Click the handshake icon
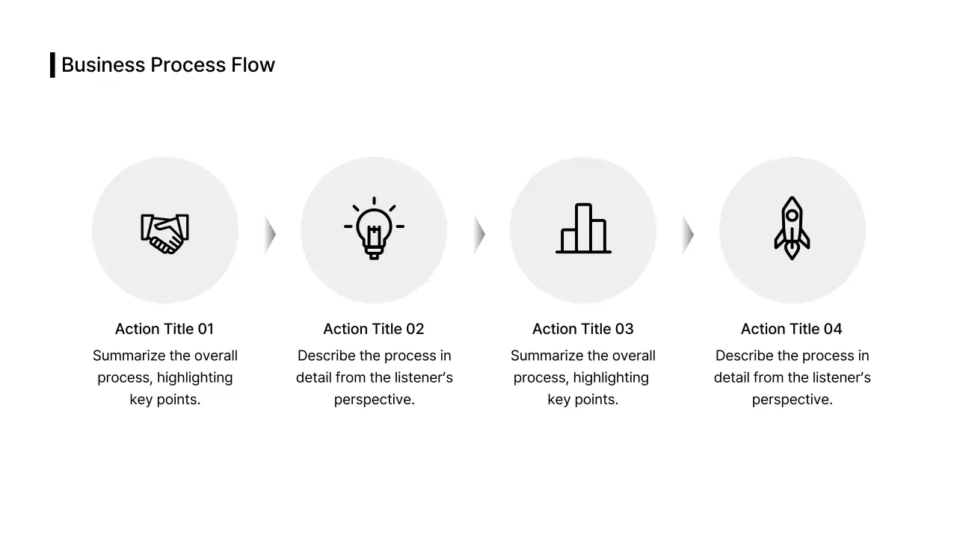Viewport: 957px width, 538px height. click(164, 233)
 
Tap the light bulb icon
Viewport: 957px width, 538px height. click(374, 229)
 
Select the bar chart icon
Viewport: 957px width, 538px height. click(583, 229)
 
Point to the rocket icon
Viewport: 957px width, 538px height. click(792, 229)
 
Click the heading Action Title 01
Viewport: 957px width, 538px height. click(164, 329)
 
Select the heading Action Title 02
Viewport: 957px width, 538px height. click(374, 329)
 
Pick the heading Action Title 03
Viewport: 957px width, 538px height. click(583, 329)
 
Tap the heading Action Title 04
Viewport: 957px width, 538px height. click(792, 329)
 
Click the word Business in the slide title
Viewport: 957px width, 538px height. click(103, 65)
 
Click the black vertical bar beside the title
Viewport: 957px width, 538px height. click(52, 65)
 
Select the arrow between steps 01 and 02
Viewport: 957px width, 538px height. click(270, 235)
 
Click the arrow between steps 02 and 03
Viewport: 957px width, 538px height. click(479, 235)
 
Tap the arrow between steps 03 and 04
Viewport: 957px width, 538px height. click(688, 235)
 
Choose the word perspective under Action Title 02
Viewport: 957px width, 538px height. click(374, 400)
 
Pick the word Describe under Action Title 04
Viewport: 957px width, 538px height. click(744, 356)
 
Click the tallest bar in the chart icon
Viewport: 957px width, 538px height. click(583, 227)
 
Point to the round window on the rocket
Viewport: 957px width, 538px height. click(792, 216)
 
